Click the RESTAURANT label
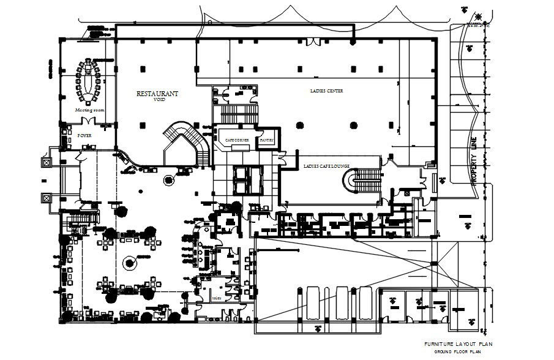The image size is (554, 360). [157, 94]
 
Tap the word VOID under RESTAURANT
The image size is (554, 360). [159, 100]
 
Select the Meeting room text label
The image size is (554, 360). [89, 110]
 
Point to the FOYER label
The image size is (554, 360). [84, 135]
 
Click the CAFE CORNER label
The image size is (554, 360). [237, 140]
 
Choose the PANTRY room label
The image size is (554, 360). [266, 140]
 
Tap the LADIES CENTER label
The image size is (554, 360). [326, 91]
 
